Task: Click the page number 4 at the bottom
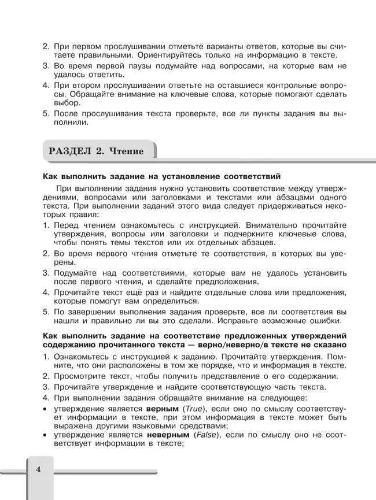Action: coord(38,469)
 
